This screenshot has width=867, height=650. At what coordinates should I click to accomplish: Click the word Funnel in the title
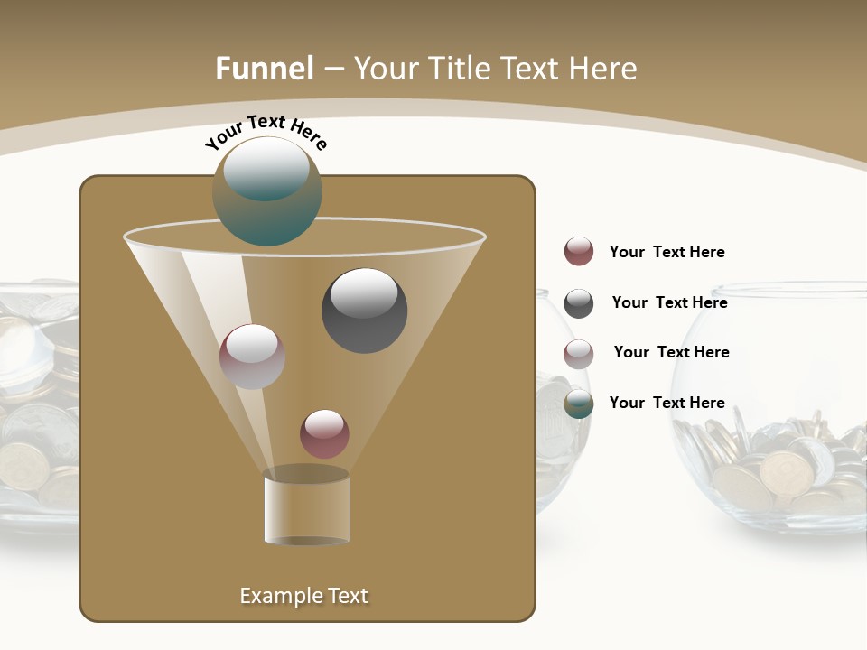click(264, 69)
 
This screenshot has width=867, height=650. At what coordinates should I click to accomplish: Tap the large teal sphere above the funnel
click(266, 190)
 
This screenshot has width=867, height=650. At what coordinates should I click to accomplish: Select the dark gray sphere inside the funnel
click(364, 311)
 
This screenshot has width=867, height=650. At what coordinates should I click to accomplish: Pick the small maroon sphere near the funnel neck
click(324, 433)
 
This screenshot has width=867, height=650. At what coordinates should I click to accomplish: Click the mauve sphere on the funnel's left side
click(252, 357)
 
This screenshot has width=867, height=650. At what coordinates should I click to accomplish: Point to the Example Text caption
click(303, 596)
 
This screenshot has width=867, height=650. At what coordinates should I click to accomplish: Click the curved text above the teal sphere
click(266, 131)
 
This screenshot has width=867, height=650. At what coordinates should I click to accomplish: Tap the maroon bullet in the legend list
click(579, 252)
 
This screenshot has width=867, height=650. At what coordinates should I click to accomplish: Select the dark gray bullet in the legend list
click(579, 303)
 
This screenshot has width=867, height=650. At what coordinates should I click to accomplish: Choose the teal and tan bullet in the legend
click(579, 404)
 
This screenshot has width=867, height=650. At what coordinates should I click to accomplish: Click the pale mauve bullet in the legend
click(579, 354)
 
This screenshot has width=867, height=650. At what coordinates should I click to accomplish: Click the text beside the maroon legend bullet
click(667, 252)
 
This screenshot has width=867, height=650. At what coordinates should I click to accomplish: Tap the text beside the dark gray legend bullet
click(669, 302)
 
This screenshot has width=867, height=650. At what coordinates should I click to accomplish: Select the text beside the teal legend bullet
click(667, 403)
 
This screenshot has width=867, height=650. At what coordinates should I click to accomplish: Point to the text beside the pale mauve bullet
click(671, 352)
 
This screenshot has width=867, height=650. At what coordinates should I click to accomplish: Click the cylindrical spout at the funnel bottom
click(307, 508)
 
